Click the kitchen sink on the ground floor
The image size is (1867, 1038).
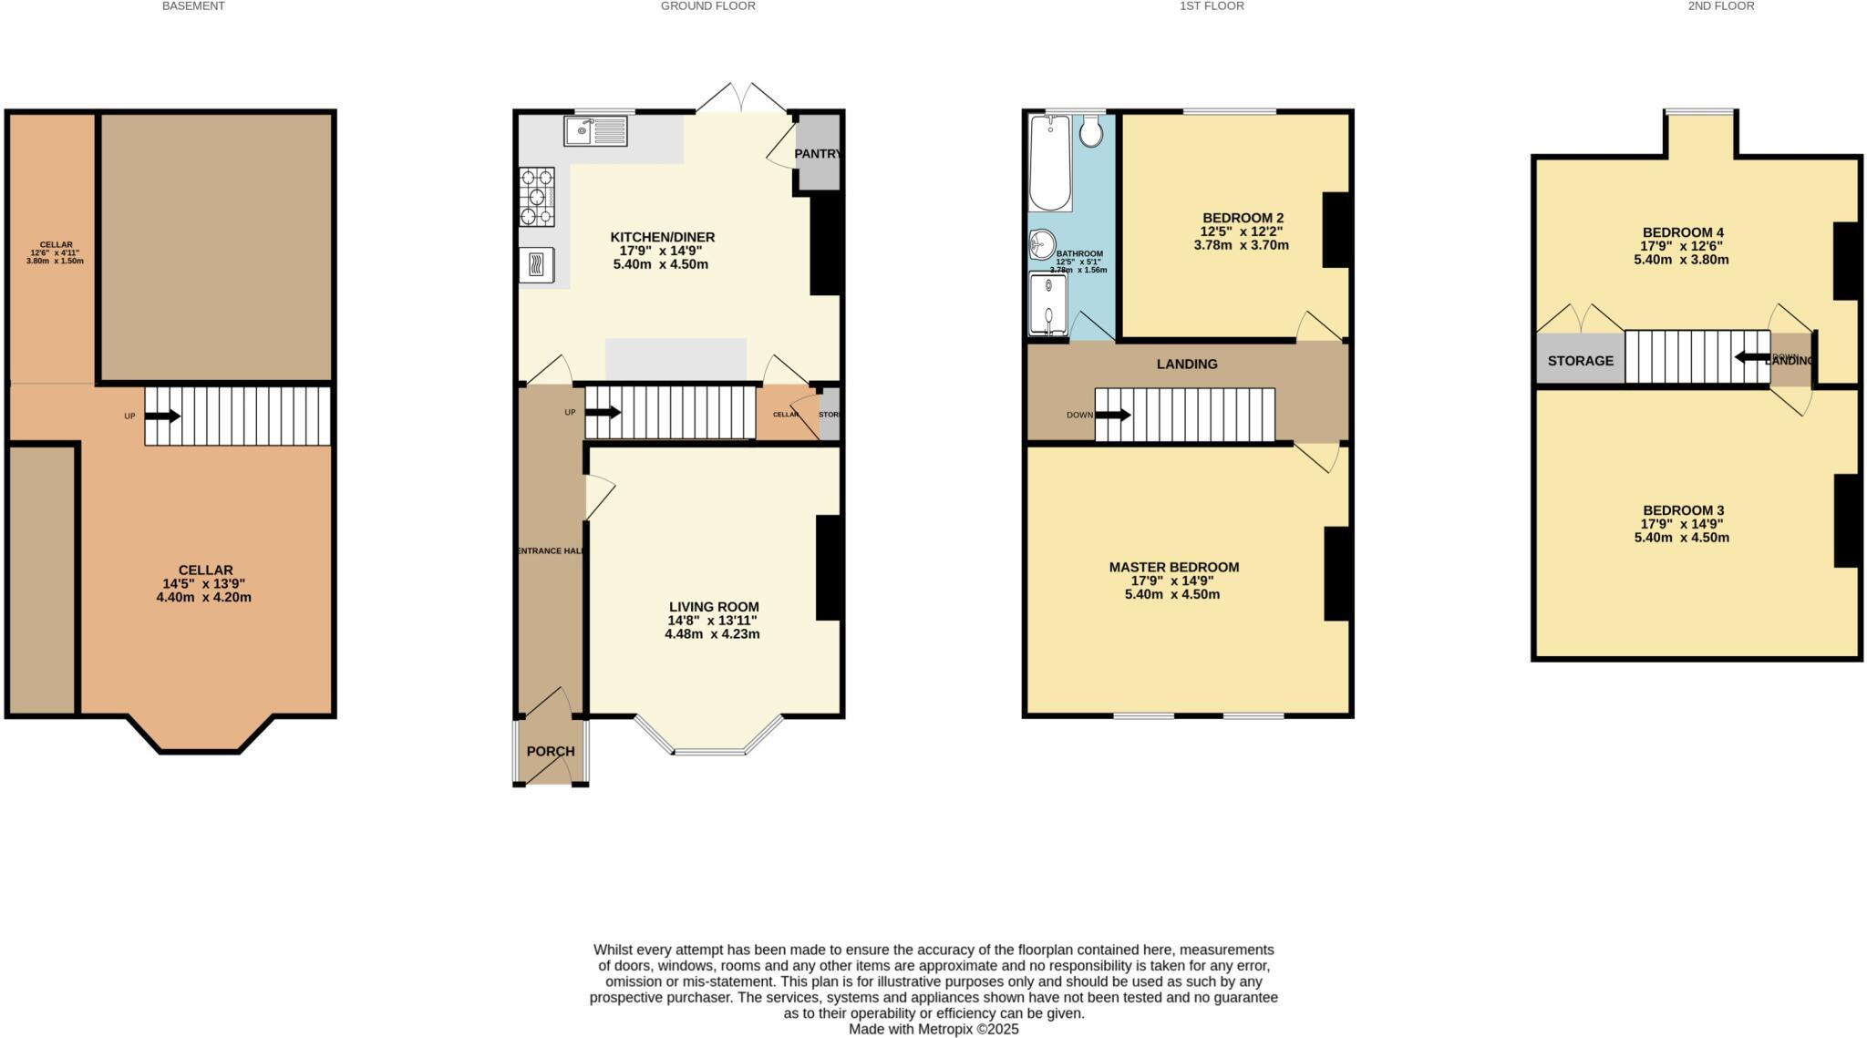click(x=595, y=131)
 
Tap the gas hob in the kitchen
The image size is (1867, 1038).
click(x=537, y=197)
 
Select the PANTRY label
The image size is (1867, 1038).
click(x=817, y=154)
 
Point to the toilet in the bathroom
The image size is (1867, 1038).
click(x=1090, y=133)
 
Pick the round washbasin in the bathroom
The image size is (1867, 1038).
click(x=1042, y=244)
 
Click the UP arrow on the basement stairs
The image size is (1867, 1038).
click(x=162, y=416)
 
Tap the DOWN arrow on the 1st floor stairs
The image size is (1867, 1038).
click(x=1113, y=415)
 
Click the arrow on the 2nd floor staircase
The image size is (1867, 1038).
click(x=1751, y=356)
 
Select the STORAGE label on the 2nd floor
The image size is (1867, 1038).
click(x=1580, y=361)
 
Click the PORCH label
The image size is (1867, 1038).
click(x=551, y=751)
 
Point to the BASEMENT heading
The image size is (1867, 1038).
click(x=193, y=6)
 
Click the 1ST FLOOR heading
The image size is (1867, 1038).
click(x=1212, y=6)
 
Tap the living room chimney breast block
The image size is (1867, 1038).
click(x=828, y=568)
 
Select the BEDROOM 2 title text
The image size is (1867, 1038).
click(x=1243, y=218)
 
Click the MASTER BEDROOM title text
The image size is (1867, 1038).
click(x=1173, y=567)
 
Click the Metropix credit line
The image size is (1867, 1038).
click(x=933, y=1029)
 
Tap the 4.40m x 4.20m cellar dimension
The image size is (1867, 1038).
click(x=204, y=598)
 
